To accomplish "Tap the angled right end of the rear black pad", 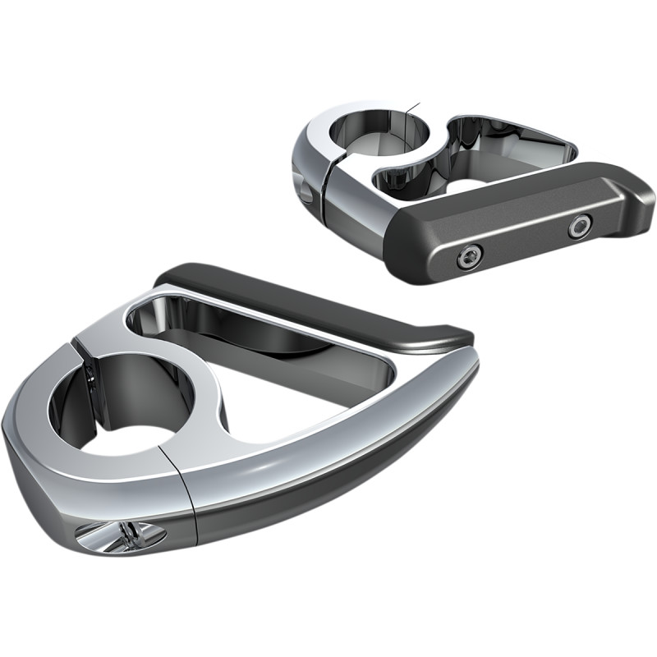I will (x=641, y=197).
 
